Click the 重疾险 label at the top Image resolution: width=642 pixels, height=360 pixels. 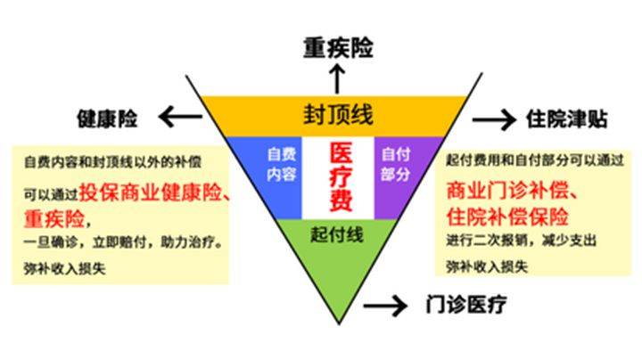tap(338, 48)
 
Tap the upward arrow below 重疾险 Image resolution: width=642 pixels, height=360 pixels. tap(337, 79)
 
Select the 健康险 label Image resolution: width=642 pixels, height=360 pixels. tap(107, 119)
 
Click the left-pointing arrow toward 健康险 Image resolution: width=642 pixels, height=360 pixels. tap(180, 117)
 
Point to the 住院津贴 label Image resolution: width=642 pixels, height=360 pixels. tap(566, 119)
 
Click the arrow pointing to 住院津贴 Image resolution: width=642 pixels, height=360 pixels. tap(494, 120)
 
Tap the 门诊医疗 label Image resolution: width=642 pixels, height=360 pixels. tap(466, 304)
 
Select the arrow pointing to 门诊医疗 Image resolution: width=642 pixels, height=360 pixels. tap(385, 306)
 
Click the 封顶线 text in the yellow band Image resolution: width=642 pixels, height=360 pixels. tap(338, 115)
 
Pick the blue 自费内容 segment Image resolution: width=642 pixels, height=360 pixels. tap(269, 176)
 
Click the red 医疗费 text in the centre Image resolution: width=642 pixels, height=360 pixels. tap(341, 176)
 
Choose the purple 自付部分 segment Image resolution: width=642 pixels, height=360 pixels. tap(403, 176)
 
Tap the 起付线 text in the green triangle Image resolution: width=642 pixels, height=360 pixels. tap(337, 235)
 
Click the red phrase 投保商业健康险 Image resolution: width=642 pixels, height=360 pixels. tap(151, 192)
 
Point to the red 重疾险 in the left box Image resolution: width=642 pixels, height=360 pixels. tap(54, 219)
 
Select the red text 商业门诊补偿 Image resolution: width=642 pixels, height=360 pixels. tap(507, 190)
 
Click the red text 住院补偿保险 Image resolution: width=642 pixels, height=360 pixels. tap(507, 217)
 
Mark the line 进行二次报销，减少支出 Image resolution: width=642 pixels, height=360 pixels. tap(521, 241)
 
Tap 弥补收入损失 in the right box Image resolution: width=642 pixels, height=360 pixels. tap(487, 266)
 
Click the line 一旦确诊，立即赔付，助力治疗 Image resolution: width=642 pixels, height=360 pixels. tap(124, 242)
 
